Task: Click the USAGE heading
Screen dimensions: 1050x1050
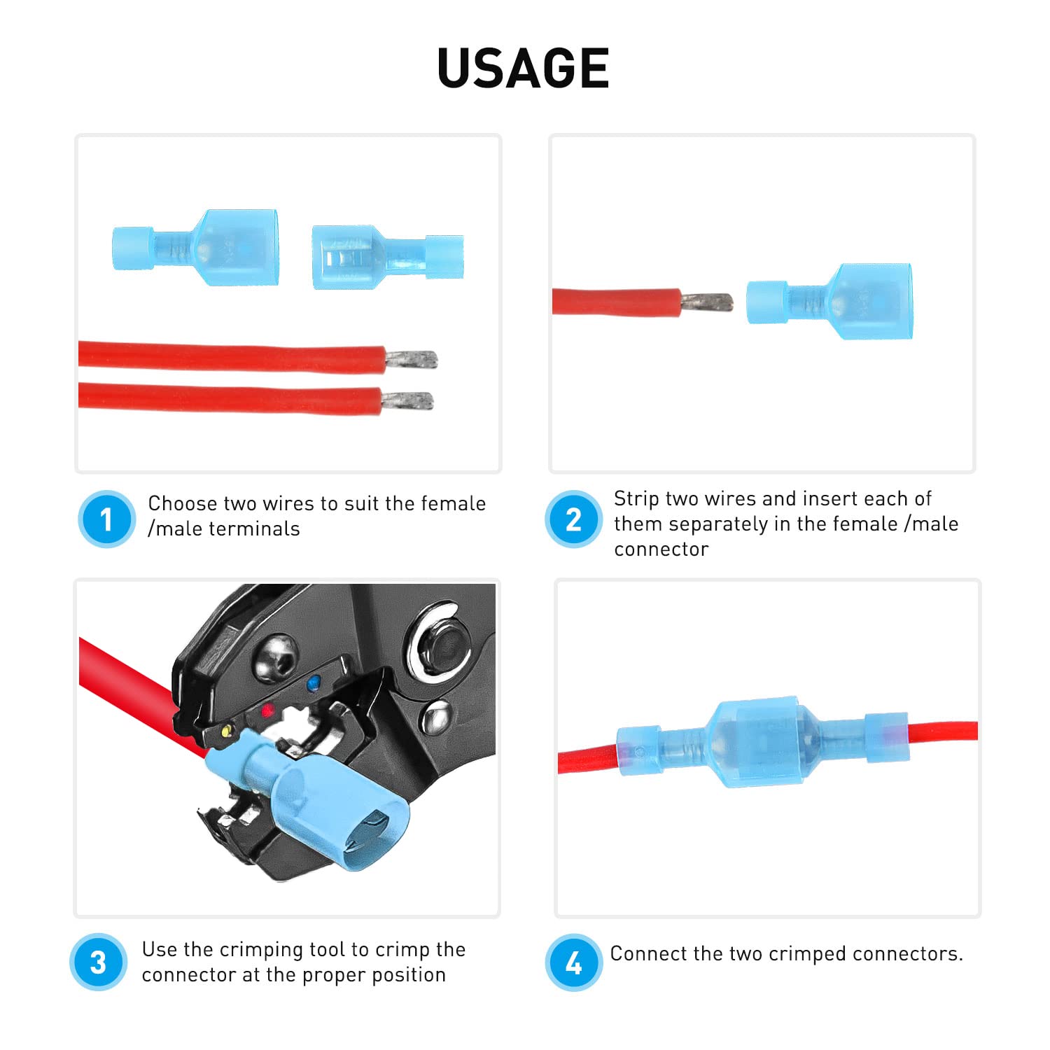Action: coord(523,68)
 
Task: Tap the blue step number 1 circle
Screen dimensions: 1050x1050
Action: coord(106,519)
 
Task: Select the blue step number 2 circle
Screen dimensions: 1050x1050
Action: coord(573,519)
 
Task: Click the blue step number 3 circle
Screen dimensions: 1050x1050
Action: coord(98,962)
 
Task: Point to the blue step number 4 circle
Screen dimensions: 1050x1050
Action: coord(573,962)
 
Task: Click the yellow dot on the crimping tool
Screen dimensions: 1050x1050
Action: coord(226,731)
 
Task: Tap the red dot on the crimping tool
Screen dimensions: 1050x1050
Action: coord(267,711)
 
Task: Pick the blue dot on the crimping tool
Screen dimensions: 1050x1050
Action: coord(314,680)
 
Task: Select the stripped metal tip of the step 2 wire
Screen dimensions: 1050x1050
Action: coord(707,302)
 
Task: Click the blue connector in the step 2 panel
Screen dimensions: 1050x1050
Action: coord(829,302)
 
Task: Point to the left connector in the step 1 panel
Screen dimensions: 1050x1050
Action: coord(196,247)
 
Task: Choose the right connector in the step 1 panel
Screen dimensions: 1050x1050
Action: coord(387,257)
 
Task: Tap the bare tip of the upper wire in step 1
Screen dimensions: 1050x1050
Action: coord(412,360)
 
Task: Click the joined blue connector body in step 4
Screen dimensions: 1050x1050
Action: coord(762,742)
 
